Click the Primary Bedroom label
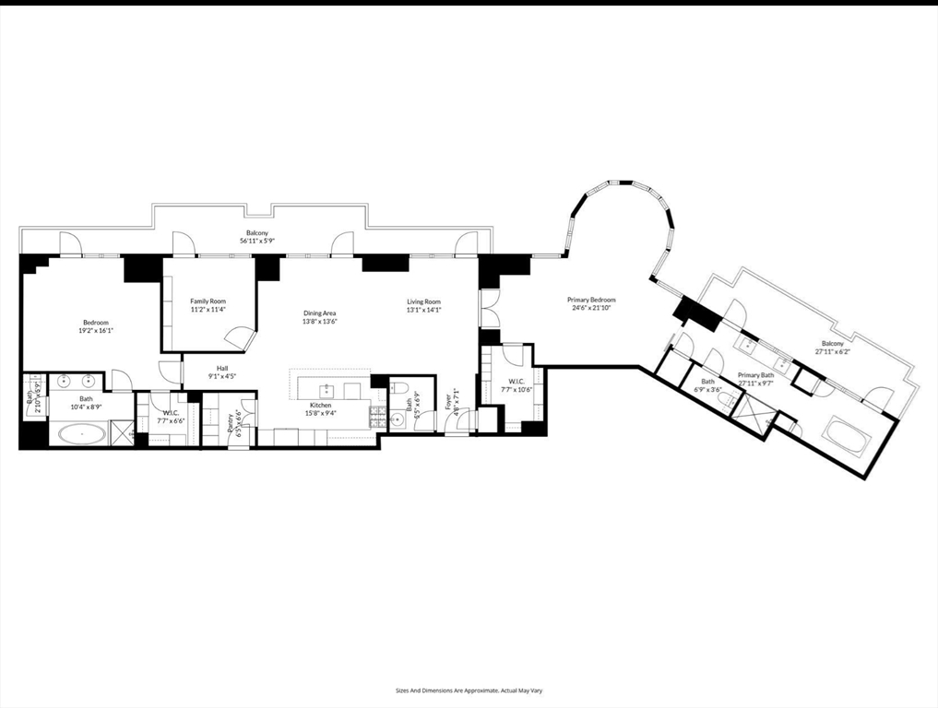pos(591,300)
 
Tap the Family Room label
pos(208,301)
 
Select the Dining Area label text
pos(320,313)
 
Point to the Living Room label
pos(424,301)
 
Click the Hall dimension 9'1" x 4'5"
pos(221,376)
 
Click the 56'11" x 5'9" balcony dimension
pos(257,242)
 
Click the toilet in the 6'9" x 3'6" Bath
pos(726,399)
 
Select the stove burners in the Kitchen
pos(377,417)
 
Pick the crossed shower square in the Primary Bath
pos(755,416)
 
